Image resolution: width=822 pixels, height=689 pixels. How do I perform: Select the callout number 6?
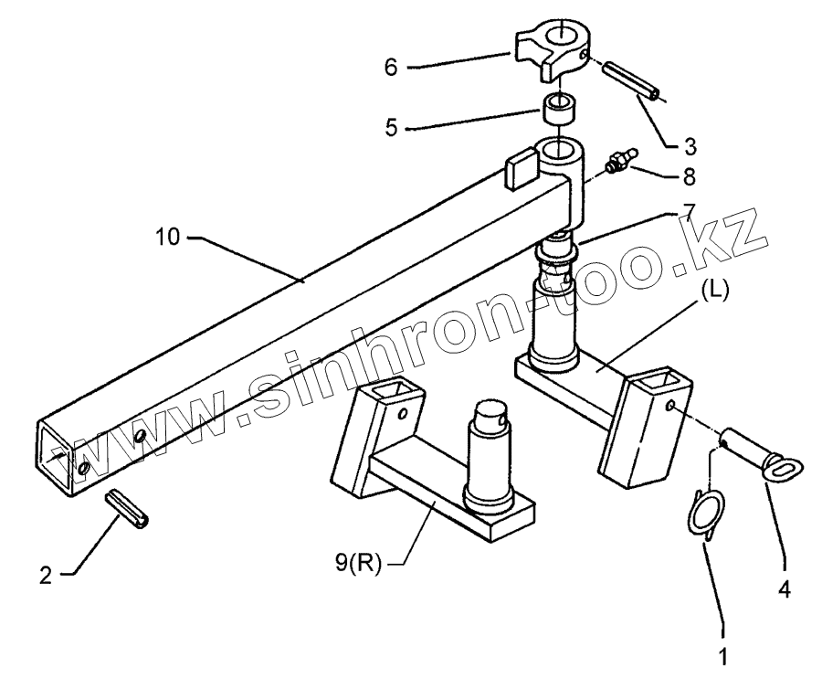pyautogui.click(x=391, y=67)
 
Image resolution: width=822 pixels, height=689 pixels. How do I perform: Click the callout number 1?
pyautogui.click(x=722, y=654)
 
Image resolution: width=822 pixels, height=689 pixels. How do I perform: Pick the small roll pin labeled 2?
pyautogui.click(x=132, y=510)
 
